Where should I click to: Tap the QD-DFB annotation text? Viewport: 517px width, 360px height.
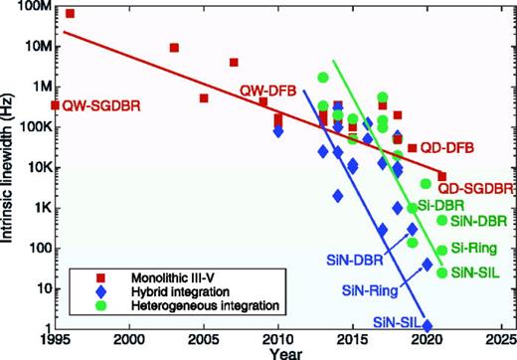[440, 148]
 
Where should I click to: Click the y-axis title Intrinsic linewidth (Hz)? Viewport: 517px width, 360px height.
[9, 169]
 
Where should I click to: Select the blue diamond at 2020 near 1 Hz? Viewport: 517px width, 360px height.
[428, 324]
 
